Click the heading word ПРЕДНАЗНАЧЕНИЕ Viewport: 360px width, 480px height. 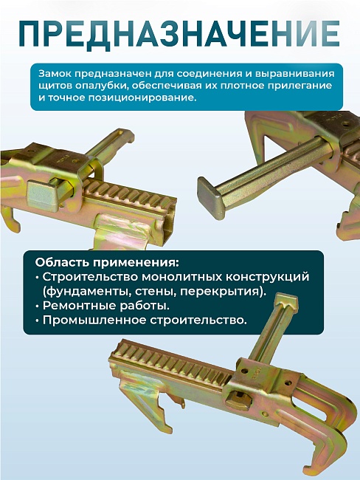point(180,33)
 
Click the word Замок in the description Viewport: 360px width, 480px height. point(56,74)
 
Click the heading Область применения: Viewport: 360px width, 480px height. point(106,262)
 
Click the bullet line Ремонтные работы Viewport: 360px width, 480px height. point(105,306)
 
